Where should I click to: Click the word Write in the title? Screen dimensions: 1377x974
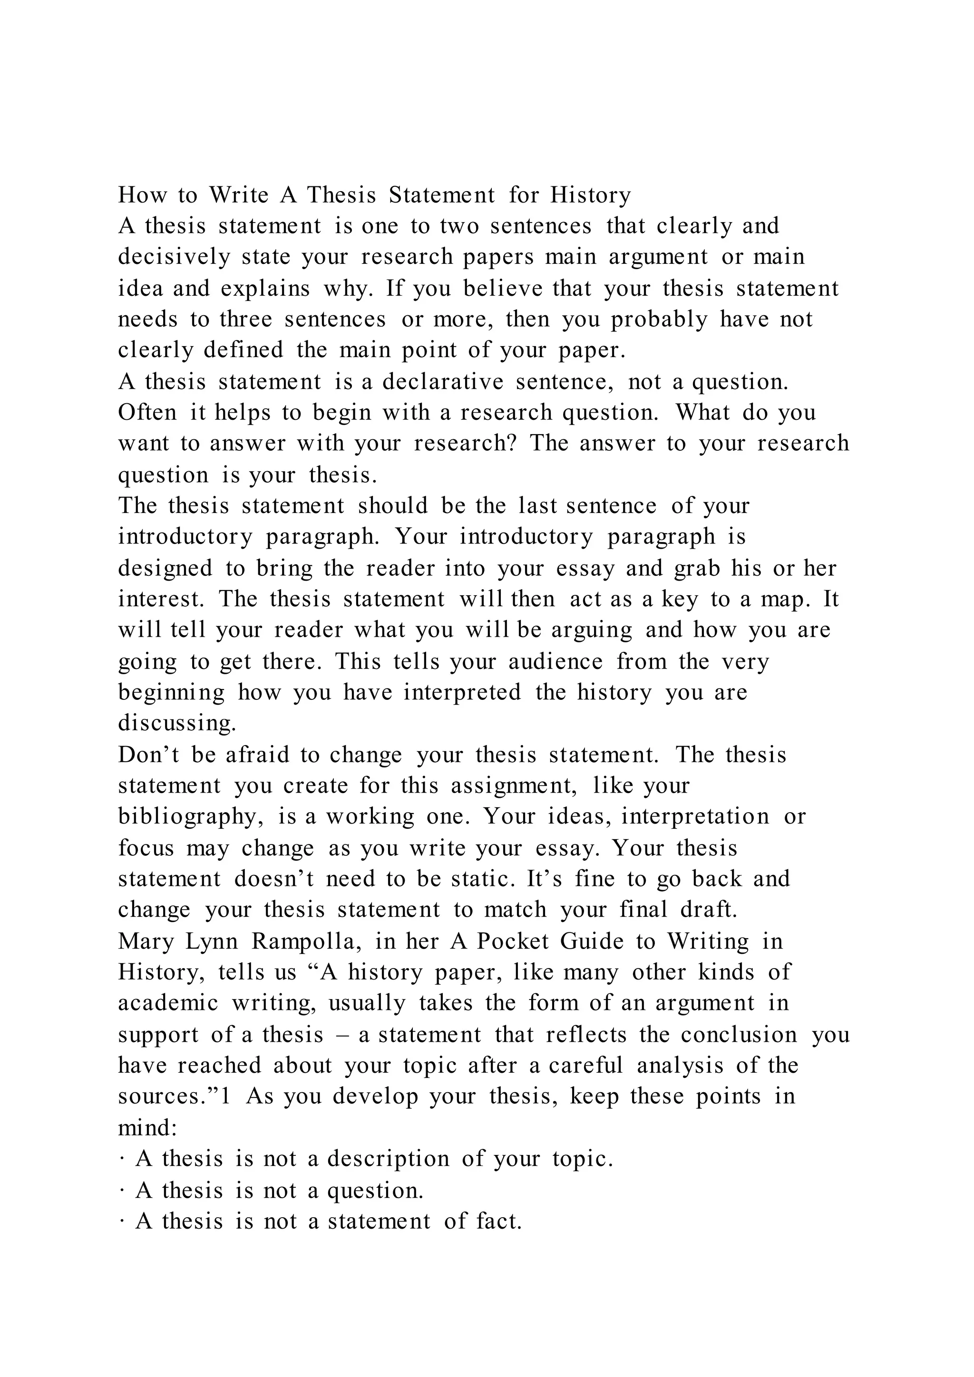pos(239,195)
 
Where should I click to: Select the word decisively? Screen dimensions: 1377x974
pos(174,257)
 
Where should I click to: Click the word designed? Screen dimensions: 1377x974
pos(165,568)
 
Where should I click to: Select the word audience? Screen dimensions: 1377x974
pos(555,661)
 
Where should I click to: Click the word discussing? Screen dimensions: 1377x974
pos(177,723)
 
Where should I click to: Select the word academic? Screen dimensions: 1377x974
pos(168,1003)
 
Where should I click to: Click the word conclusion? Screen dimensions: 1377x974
pos(739,1035)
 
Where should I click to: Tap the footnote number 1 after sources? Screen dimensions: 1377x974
pos(225,1096)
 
